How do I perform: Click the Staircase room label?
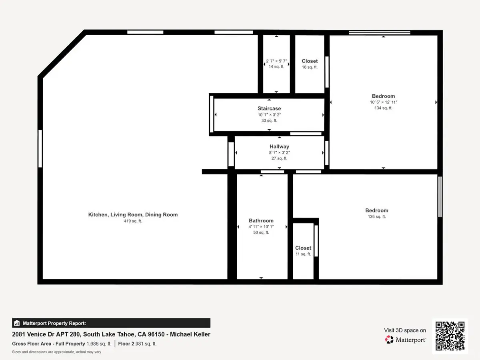pos(269,108)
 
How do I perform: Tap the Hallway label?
pos(279,146)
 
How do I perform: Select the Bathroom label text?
pos(261,220)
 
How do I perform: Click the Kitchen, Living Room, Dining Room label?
pos(133,215)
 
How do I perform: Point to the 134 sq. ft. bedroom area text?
pos(383,108)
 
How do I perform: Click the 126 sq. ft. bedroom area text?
pos(377,217)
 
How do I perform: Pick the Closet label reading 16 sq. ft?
pos(310,61)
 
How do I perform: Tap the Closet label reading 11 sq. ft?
pos(303,248)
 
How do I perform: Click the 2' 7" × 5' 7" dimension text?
pos(276,61)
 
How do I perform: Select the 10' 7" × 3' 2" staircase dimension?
pos(269,115)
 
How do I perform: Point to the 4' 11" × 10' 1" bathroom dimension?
pos(261,227)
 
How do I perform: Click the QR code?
pos(450,336)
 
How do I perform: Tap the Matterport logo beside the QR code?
pos(405,340)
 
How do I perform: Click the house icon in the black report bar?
pos(17,323)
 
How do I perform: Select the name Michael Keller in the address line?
pos(190,334)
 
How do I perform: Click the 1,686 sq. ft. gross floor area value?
pos(99,344)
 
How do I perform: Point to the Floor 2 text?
pos(126,344)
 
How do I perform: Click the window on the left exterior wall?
pos(40,149)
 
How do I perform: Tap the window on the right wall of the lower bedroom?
pos(440,197)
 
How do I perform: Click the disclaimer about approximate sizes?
pos(57,352)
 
